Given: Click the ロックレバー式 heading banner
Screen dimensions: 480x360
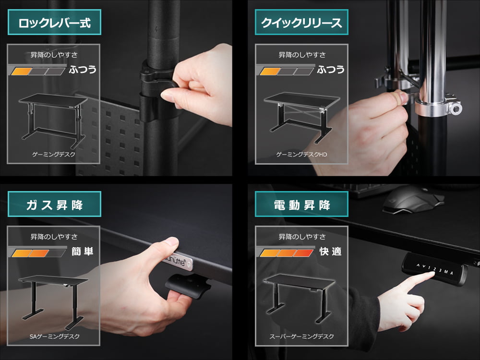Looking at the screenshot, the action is pyautogui.click(x=55, y=23).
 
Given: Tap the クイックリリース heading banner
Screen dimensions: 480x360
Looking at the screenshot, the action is pyautogui.click(x=301, y=23).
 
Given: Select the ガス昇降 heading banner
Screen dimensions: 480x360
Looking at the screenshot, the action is pyautogui.click(x=55, y=204).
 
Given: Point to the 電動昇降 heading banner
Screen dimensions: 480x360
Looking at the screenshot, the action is pyautogui.click(x=301, y=204).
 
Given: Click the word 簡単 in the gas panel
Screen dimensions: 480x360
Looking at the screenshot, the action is pyautogui.click(x=83, y=252).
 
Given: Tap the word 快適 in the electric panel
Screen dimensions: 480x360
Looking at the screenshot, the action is pyautogui.click(x=330, y=252).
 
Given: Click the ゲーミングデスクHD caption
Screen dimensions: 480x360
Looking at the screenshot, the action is pyautogui.click(x=301, y=155).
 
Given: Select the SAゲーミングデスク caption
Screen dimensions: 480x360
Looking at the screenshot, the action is pyautogui.click(x=55, y=336).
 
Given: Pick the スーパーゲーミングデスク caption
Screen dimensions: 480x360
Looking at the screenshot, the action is pyautogui.click(x=301, y=336).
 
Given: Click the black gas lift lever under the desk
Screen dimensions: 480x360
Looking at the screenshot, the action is pyautogui.click(x=188, y=286).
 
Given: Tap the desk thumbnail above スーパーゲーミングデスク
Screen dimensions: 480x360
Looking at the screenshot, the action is pyautogui.click(x=300, y=299).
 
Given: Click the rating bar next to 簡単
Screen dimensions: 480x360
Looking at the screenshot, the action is pyautogui.click(x=38, y=253).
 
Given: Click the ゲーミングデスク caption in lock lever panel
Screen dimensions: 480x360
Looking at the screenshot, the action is pyautogui.click(x=54, y=155).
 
